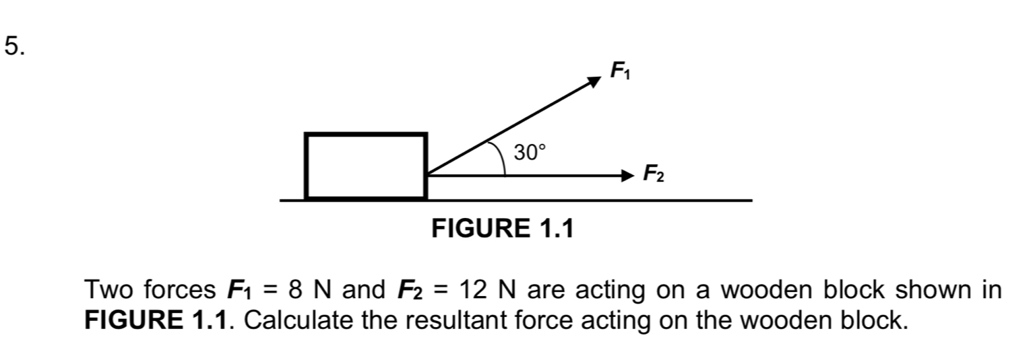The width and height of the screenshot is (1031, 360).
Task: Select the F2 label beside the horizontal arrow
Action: point(653,174)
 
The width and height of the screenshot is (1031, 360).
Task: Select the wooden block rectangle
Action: point(366,166)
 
